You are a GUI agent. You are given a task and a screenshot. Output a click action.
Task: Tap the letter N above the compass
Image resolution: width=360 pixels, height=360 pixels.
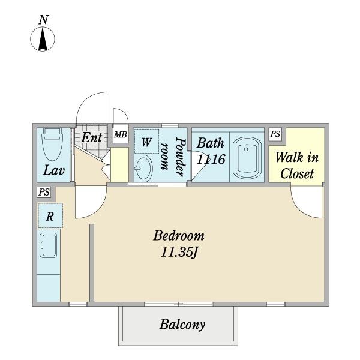coord(43,19)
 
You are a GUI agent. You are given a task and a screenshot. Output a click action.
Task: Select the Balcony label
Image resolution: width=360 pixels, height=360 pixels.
coord(182,325)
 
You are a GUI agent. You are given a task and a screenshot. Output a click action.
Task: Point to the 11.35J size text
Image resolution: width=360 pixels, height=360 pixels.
coord(179,253)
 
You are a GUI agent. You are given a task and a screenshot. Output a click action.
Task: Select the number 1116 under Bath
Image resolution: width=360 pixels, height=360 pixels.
coord(211,160)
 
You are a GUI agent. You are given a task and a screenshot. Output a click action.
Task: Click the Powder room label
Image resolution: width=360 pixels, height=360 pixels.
coord(180,155)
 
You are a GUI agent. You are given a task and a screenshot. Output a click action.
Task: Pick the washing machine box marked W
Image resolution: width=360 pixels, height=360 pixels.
coord(146,142)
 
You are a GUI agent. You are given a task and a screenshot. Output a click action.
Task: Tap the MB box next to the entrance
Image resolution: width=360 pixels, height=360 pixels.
coord(121,134)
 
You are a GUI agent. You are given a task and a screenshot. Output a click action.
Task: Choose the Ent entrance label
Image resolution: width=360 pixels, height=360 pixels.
coord(92,137)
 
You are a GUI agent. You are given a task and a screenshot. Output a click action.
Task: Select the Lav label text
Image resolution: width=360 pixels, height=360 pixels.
coord(53,170)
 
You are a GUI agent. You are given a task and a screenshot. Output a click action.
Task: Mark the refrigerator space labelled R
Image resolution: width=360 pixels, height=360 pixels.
coord(50,216)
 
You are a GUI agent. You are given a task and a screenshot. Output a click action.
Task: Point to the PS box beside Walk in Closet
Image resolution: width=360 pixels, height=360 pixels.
coord(275,134)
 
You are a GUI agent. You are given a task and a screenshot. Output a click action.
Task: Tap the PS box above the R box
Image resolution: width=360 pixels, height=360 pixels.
coord(43,192)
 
